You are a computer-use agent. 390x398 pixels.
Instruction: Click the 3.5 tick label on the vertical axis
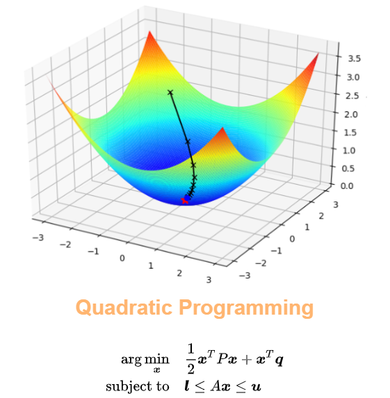(x=354, y=58)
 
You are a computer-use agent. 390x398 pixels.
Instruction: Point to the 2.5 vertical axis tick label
(x=352, y=96)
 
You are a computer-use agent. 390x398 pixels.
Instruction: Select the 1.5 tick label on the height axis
(x=350, y=133)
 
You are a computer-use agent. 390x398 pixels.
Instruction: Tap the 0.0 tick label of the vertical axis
(x=347, y=185)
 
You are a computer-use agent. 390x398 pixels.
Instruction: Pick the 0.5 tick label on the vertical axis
(x=348, y=168)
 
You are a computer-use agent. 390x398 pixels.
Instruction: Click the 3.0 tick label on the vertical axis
(x=353, y=77)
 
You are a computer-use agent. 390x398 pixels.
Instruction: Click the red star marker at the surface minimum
(x=184, y=201)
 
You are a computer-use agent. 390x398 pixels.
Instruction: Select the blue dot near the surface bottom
(x=188, y=198)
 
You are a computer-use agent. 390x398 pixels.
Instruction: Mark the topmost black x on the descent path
(x=170, y=92)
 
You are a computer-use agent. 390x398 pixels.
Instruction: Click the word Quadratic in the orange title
(x=124, y=308)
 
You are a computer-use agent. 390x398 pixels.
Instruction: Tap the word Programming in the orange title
(x=246, y=308)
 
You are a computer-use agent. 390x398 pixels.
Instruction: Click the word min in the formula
(x=156, y=359)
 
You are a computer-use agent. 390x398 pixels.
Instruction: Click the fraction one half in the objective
(x=190, y=358)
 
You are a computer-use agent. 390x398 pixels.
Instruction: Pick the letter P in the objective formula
(x=222, y=359)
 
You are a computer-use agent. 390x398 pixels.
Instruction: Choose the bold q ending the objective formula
(x=279, y=361)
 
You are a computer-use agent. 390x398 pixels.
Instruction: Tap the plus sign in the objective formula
(x=247, y=360)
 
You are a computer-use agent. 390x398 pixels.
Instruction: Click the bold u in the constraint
(x=256, y=387)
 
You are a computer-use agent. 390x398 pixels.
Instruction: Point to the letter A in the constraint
(x=216, y=386)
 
